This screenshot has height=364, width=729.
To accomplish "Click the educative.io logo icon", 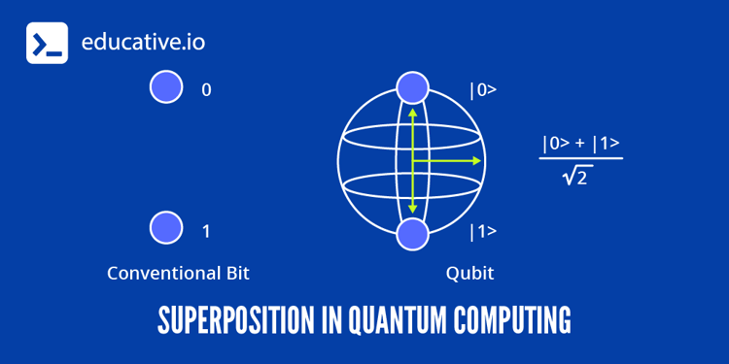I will (x=47, y=44).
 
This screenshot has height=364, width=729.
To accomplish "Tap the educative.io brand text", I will (x=143, y=44).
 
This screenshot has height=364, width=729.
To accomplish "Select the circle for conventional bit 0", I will (x=166, y=88).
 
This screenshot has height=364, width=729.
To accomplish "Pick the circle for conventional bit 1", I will (x=166, y=228).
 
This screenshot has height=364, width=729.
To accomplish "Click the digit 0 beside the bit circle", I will (x=206, y=89).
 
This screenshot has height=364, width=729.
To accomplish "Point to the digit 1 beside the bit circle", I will (x=206, y=231).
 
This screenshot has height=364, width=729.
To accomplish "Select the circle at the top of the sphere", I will (x=412, y=87).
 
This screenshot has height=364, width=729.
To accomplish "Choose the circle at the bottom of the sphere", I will (x=412, y=234).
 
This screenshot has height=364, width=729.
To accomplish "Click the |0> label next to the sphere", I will (x=483, y=90).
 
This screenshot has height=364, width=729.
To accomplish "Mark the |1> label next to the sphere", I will (x=483, y=232).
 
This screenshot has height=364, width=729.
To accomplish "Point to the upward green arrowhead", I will (x=412, y=112).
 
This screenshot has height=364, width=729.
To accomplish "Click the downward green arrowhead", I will (x=412, y=209).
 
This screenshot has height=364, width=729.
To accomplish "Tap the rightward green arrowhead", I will (x=476, y=160).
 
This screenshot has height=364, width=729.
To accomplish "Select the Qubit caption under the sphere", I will (x=469, y=273).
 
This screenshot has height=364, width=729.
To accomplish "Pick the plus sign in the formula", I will (x=580, y=145).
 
